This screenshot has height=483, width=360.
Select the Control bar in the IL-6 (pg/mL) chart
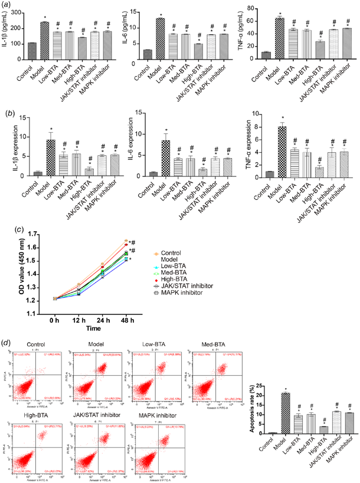(x=148, y=54)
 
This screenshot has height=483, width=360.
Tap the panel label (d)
(x=7, y=342)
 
